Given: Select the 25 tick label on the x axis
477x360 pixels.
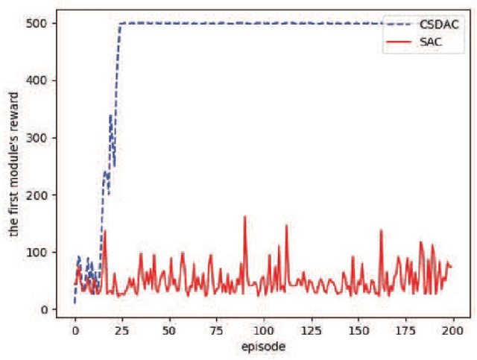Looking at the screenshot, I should click(122, 329).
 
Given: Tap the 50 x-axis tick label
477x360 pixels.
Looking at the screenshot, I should click(169, 329).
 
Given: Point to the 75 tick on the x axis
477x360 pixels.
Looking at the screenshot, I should click(217, 329).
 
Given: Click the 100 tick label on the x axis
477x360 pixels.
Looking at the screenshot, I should click(264, 329).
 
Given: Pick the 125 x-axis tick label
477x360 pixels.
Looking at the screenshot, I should click(312, 329).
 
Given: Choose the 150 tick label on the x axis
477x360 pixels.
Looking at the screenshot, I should click(358, 329).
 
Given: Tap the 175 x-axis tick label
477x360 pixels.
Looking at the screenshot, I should click(406, 329).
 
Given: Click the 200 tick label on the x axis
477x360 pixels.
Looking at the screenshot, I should click(453, 329).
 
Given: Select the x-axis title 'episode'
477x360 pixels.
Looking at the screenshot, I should click(264, 347).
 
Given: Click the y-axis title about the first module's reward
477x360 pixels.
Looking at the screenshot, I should click(15, 165).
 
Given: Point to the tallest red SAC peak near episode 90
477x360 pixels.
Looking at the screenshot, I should click(244, 218).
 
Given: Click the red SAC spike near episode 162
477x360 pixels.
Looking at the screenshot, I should click(381, 231).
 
